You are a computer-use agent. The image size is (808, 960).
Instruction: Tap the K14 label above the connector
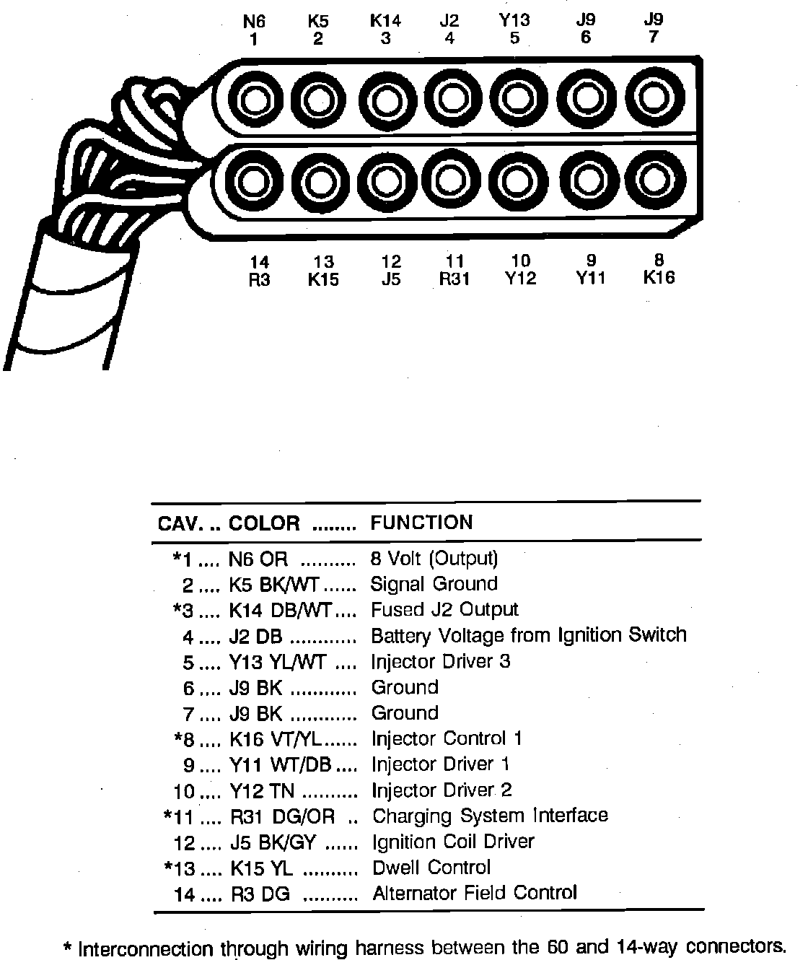(x=385, y=21)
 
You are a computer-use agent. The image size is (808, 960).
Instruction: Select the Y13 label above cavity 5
(x=514, y=21)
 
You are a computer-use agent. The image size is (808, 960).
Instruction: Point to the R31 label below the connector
(x=454, y=279)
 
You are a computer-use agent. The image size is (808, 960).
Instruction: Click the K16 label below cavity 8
(x=659, y=278)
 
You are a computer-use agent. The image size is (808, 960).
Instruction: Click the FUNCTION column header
(x=422, y=523)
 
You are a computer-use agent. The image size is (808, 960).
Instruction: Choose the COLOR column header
(x=264, y=523)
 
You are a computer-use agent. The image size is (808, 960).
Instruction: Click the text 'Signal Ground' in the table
(x=434, y=584)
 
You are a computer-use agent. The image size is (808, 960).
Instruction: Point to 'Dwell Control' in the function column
(x=431, y=868)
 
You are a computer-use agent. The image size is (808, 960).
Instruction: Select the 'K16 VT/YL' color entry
(x=277, y=739)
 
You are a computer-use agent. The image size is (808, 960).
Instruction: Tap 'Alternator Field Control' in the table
(x=475, y=894)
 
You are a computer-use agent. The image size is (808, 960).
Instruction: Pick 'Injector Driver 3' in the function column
(x=441, y=662)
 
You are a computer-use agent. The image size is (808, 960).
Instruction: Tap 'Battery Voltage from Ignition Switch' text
(x=529, y=636)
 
